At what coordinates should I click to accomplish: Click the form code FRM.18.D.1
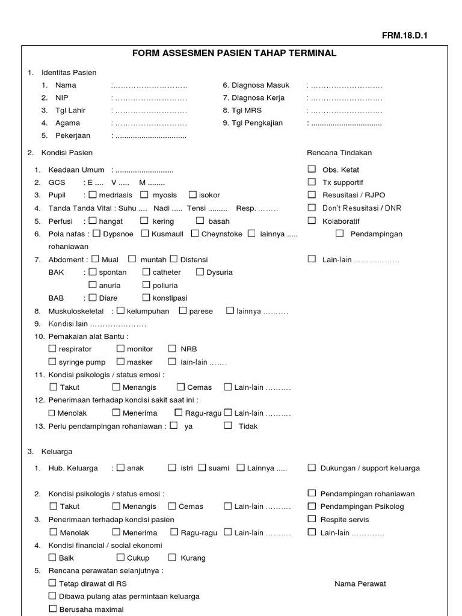click(x=405, y=35)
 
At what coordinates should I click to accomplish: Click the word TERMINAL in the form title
click(x=309, y=54)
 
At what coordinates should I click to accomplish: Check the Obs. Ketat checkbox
click(x=312, y=170)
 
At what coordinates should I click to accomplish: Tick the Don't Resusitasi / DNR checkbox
click(x=312, y=208)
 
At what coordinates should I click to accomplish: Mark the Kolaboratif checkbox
click(x=312, y=220)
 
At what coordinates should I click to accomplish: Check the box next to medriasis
click(x=93, y=195)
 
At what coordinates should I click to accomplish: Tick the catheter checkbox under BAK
click(x=147, y=272)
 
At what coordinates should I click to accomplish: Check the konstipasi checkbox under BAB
click(x=147, y=298)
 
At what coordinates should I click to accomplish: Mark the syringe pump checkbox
click(x=52, y=362)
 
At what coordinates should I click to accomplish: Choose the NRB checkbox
click(x=172, y=348)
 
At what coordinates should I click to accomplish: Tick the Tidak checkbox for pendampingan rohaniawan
click(x=228, y=425)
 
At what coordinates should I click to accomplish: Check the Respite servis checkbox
click(x=312, y=519)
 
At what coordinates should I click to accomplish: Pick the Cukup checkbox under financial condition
click(x=120, y=558)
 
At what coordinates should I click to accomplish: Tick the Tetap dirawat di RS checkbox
click(x=52, y=583)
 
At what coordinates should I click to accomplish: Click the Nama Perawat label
click(x=360, y=584)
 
